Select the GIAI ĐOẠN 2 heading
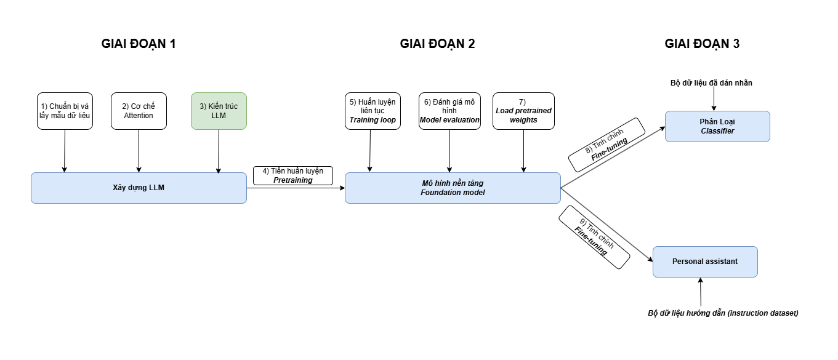(437, 44)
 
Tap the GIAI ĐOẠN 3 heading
(702, 44)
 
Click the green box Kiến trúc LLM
(219, 111)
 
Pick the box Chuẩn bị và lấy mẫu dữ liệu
(65, 111)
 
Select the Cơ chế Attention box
(139, 111)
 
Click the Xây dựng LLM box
(139, 188)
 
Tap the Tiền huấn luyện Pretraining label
(293, 175)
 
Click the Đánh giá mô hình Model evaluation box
(449, 111)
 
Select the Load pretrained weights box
(523, 111)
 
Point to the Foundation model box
(453, 188)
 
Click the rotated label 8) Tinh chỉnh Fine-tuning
(606, 145)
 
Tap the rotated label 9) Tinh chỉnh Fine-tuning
(595, 238)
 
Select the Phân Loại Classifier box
(717, 126)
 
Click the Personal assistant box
(705, 262)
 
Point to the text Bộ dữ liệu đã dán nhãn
(711, 82)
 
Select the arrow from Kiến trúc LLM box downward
(219, 151)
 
